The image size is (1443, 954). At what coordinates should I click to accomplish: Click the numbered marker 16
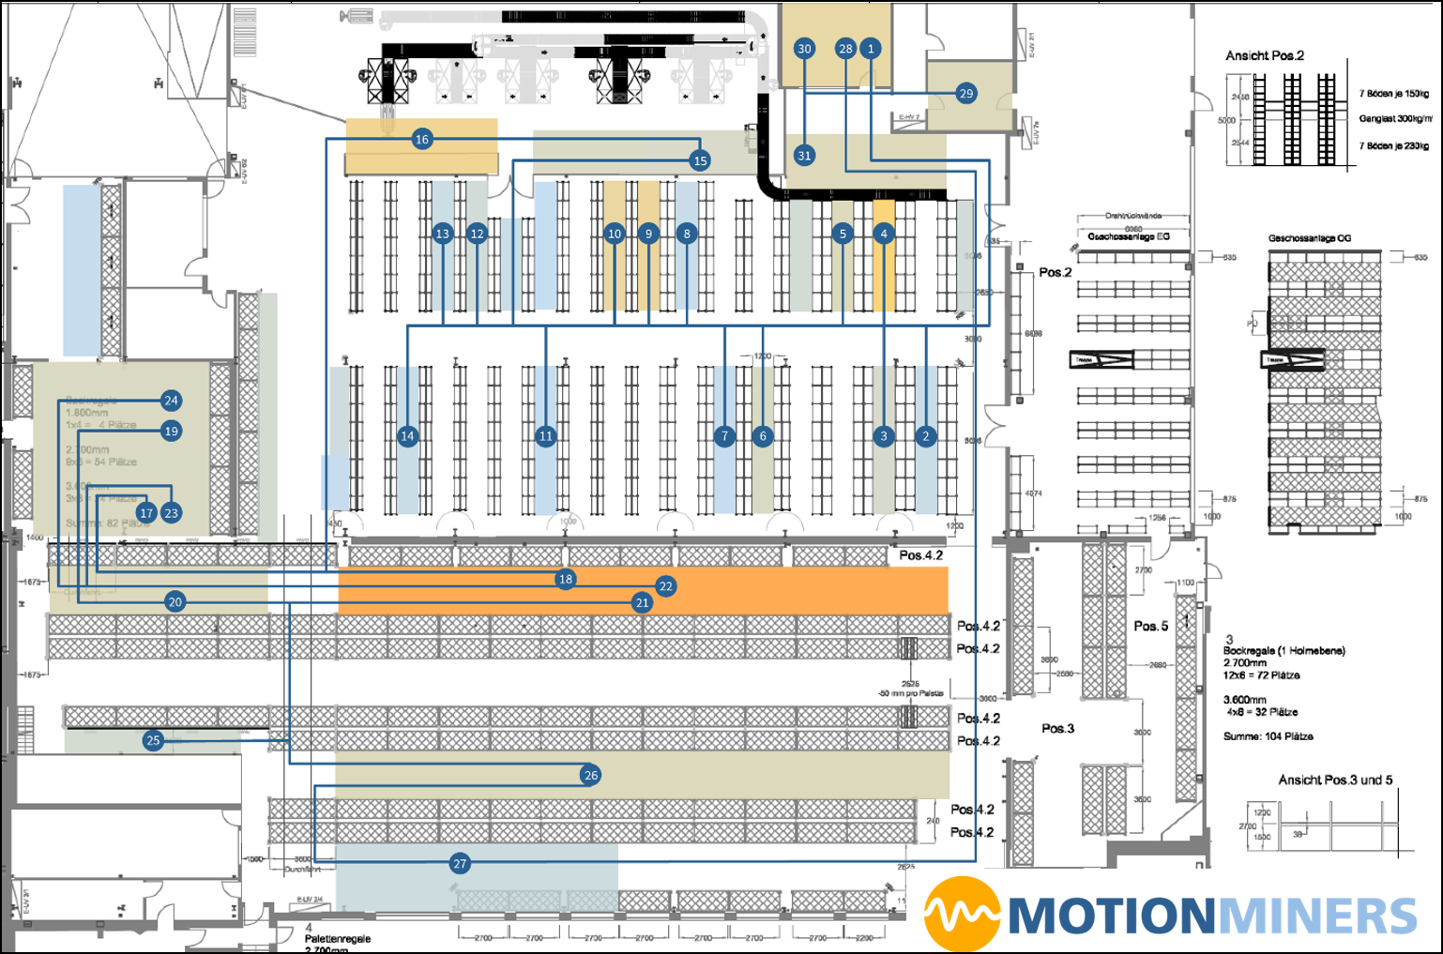421,140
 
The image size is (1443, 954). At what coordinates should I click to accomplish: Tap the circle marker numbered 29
965,93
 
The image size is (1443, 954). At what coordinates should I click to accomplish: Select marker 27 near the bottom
460,864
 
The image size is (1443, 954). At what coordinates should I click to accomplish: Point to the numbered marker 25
153,740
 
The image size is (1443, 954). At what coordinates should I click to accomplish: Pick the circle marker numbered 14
407,435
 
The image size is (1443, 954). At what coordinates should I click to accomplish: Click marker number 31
804,156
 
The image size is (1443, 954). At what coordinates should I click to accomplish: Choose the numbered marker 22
665,586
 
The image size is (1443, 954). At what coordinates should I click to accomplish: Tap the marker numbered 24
171,401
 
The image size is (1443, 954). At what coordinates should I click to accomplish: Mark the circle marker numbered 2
926,435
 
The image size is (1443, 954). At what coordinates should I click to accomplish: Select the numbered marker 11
546,435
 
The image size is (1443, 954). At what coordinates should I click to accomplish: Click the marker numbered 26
590,775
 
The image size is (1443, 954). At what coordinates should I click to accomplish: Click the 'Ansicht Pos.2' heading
1264,56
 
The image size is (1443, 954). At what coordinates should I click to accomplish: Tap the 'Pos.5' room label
1150,626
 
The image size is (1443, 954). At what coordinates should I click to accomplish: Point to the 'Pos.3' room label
1057,728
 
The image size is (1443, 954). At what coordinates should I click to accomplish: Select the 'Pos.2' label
1055,272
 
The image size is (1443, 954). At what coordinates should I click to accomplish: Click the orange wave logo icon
962,914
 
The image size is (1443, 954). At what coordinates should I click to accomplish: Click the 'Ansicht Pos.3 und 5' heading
1335,780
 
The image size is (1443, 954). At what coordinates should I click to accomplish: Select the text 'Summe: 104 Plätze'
1268,736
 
